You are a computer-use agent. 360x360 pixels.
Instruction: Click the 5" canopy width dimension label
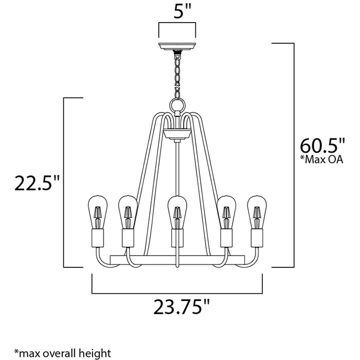click(177, 11)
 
